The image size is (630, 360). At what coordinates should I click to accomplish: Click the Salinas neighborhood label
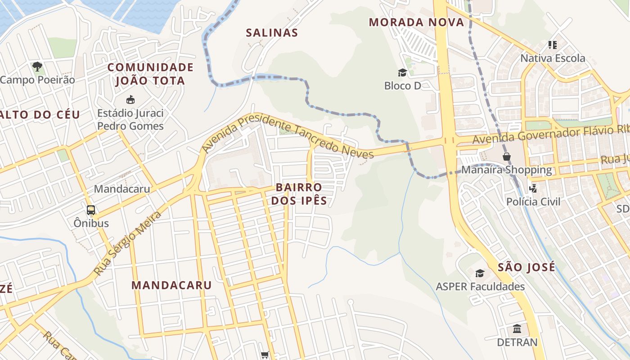(x=272, y=32)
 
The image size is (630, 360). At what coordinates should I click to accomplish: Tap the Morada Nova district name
(x=416, y=22)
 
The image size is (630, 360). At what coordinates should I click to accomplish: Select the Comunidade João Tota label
(x=150, y=74)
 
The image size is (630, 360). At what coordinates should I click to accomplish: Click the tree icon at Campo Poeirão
(x=37, y=67)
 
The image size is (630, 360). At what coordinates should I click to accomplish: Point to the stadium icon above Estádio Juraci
(x=130, y=99)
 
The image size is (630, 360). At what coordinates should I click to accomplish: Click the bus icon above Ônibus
(x=91, y=210)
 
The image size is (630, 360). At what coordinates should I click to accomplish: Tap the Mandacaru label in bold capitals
(x=171, y=285)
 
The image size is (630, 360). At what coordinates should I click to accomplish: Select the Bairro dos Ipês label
(x=299, y=194)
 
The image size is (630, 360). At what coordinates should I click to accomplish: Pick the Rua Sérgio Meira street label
(x=127, y=243)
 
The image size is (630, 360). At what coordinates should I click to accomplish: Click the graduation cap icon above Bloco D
(x=402, y=72)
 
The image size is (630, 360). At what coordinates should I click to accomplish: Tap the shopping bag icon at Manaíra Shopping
(x=507, y=157)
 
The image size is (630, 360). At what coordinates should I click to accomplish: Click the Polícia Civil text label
(x=533, y=202)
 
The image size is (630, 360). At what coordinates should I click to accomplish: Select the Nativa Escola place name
(x=553, y=58)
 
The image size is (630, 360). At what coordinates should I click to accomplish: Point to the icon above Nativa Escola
(x=553, y=45)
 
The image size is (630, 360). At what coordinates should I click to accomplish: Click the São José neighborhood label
(x=526, y=267)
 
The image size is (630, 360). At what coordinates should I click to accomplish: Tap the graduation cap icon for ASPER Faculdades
(x=480, y=273)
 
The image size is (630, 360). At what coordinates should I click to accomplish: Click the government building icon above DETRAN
(x=517, y=328)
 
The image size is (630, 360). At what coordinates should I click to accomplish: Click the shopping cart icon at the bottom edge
(x=265, y=355)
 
